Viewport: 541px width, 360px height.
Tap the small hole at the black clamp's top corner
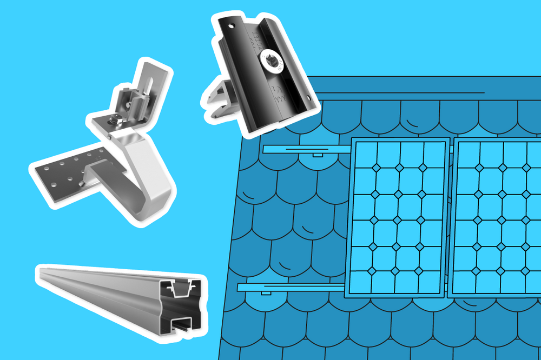230,25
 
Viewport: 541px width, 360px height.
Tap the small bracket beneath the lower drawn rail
265,294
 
